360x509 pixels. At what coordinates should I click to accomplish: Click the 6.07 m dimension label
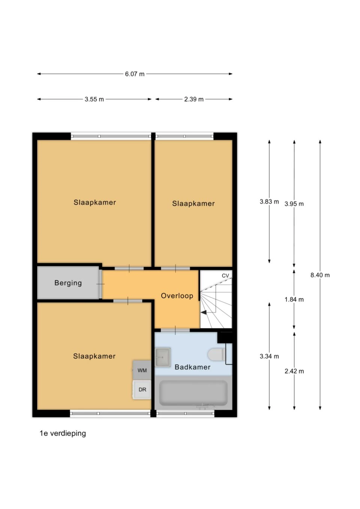click(x=135, y=74)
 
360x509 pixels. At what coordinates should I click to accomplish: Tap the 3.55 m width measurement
click(x=94, y=99)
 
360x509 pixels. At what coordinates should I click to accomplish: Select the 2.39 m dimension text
click(x=193, y=99)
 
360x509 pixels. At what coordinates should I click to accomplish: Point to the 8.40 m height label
click(x=320, y=275)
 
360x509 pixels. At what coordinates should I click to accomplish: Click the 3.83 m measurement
click(x=269, y=202)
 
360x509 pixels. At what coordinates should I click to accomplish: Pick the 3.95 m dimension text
click(x=294, y=204)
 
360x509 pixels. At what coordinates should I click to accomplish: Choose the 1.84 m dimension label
click(x=294, y=299)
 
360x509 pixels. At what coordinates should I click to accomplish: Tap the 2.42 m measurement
click(x=294, y=371)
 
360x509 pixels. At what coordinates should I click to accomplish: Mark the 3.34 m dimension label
click(x=269, y=356)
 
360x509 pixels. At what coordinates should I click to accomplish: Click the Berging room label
click(x=68, y=283)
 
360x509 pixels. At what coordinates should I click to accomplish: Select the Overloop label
click(x=177, y=296)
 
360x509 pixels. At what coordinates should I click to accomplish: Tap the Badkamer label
click(x=192, y=367)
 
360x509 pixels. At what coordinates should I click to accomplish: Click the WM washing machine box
click(x=142, y=370)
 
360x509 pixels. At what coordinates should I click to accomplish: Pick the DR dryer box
click(x=142, y=389)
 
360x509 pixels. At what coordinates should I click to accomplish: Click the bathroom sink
click(x=163, y=357)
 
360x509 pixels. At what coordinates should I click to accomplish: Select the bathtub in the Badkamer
click(x=193, y=393)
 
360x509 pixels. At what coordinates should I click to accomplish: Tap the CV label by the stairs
click(x=225, y=276)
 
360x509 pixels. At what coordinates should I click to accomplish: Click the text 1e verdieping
click(x=63, y=433)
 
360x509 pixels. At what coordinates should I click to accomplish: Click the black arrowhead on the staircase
click(x=204, y=312)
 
